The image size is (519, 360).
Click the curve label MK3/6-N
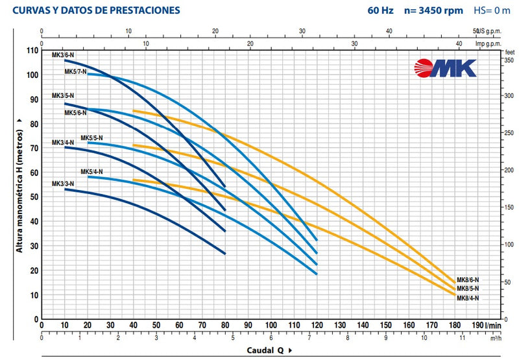pyautogui.click(x=63, y=56)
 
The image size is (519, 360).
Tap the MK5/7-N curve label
pyautogui.click(x=76, y=71)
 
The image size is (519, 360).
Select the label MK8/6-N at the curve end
pyautogui.click(x=467, y=280)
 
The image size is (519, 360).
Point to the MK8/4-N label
pyautogui.click(x=467, y=298)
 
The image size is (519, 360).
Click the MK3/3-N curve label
pyautogui.click(x=63, y=184)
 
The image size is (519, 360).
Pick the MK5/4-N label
pyautogui.click(x=91, y=172)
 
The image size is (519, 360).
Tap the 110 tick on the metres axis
pyautogui.click(x=30, y=51)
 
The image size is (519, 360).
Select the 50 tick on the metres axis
pyautogui.click(x=32, y=197)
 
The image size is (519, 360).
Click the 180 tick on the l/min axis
pyautogui.click(x=454, y=326)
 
